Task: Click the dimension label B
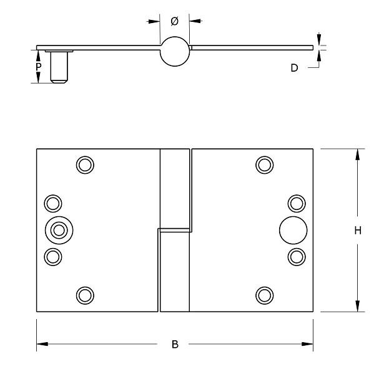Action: pyautogui.click(x=175, y=344)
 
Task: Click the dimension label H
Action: pyautogui.click(x=357, y=231)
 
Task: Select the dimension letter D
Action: pyautogui.click(x=294, y=68)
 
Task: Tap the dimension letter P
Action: pyautogui.click(x=39, y=66)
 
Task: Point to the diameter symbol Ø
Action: pyautogui.click(x=174, y=21)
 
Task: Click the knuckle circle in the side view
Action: pyautogui.click(x=174, y=51)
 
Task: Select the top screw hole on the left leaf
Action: pyautogui.click(x=85, y=165)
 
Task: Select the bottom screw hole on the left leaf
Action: pyautogui.click(x=85, y=295)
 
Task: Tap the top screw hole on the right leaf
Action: pyautogui.click(x=265, y=165)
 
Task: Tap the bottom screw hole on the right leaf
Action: pyautogui.click(x=265, y=295)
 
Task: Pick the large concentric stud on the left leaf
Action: pyautogui.click(x=59, y=230)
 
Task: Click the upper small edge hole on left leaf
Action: pyautogui.click(x=53, y=203)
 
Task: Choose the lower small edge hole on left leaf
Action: pyautogui.click(x=53, y=256)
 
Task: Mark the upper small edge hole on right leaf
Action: pyautogui.click(x=296, y=203)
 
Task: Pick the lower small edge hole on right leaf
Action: pyautogui.click(x=296, y=256)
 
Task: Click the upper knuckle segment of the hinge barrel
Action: pyautogui.click(x=175, y=188)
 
